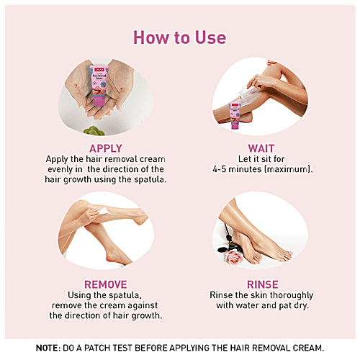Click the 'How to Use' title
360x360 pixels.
[x=179, y=37]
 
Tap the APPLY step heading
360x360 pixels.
[x=106, y=148]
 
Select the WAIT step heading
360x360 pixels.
[x=261, y=148]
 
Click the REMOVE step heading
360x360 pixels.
[x=106, y=284]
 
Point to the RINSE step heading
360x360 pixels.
[x=263, y=284]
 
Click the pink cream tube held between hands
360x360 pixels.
[x=99, y=86]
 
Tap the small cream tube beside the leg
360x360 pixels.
[x=235, y=116]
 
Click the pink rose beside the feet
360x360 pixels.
[x=233, y=257]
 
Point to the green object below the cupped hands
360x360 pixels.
[x=94, y=131]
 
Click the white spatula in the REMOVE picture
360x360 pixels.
[x=104, y=211]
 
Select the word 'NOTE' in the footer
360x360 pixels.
[x=47, y=348]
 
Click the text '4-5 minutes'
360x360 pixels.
[x=237, y=169]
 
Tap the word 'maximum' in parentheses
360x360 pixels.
[x=287, y=169]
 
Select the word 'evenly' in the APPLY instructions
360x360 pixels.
[x=60, y=169]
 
